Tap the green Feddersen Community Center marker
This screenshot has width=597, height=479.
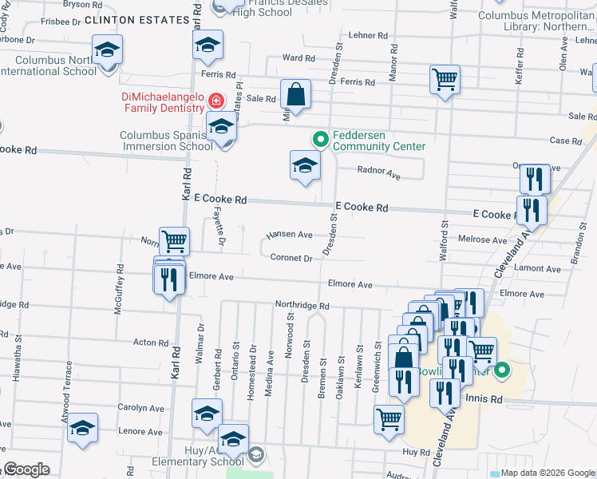click(x=320, y=140)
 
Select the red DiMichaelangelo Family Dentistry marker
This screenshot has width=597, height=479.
click(x=215, y=101)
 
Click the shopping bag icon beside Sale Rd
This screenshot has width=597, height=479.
click(x=295, y=93)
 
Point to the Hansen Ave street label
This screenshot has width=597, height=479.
click(x=289, y=235)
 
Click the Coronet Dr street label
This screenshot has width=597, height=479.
click(x=291, y=258)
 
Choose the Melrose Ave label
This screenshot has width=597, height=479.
click(x=482, y=239)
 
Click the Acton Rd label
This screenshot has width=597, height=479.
click(x=150, y=342)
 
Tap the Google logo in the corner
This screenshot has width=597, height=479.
click(x=26, y=469)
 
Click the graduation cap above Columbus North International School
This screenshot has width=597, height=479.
click(x=107, y=50)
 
